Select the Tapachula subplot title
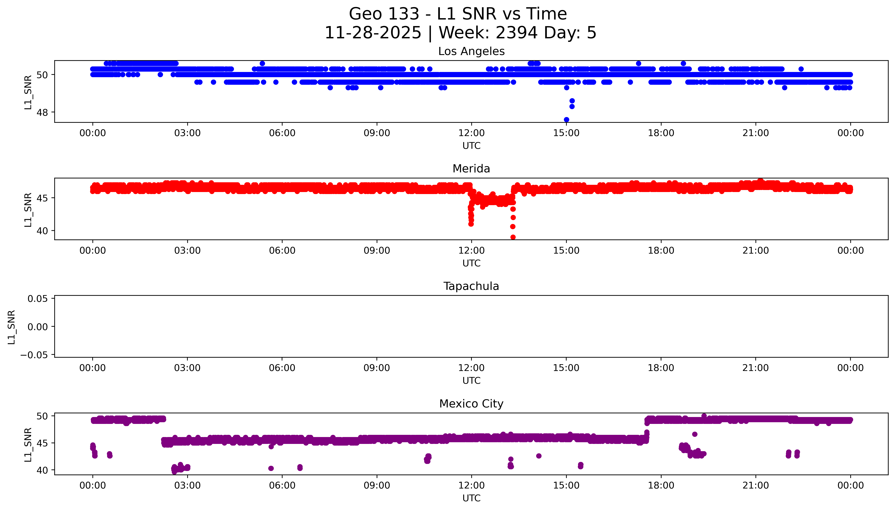pyautogui.click(x=471, y=286)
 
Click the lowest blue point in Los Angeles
pyautogui.click(x=566, y=119)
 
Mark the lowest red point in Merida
pyautogui.click(x=513, y=237)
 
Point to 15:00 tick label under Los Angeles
pyautogui.click(x=566, y=133)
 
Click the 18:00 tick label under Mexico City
pyautogui.click(x=661, y=485)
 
